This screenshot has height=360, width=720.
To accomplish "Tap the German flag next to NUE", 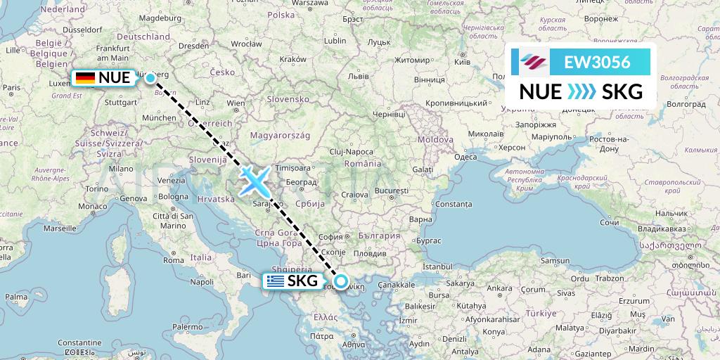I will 86,78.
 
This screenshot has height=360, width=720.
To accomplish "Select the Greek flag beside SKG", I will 275,282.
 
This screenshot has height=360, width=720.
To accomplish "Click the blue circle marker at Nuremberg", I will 150,78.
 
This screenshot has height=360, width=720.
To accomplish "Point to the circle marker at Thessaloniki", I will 340,282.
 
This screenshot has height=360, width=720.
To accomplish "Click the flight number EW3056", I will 598,62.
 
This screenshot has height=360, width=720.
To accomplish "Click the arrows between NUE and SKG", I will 580,91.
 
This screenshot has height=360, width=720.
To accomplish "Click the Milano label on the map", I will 120,169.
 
